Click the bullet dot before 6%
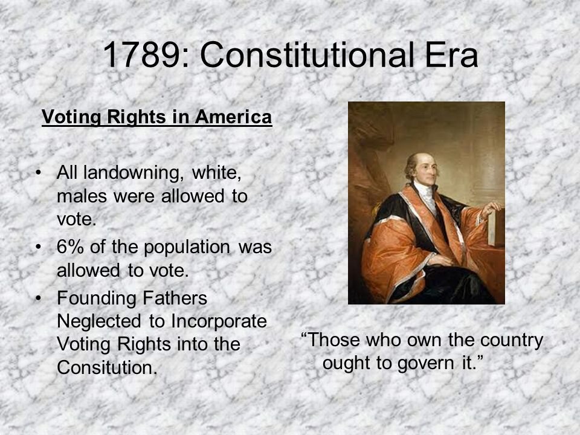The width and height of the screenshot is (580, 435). point(39,248)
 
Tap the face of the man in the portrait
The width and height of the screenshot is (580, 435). point(426,170)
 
